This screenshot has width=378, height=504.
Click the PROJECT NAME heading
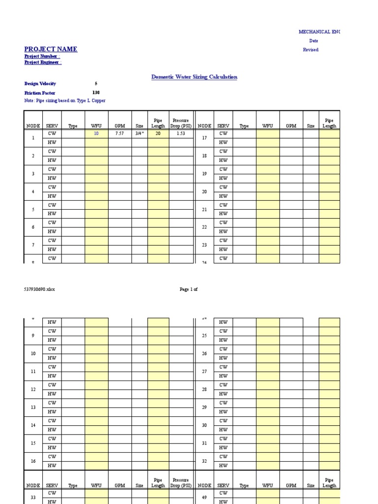[51, 49]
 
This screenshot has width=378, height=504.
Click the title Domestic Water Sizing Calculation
[194, 77]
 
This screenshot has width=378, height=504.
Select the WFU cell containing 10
[96, 133]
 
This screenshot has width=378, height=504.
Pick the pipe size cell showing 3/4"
[140, 133]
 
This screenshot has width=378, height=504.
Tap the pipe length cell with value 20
[158, 133]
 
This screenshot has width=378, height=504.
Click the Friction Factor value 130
[96, 93]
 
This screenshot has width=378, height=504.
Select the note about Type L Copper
[65, 100]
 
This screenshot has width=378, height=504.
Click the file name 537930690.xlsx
[39, 289]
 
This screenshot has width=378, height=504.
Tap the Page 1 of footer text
[189, 289]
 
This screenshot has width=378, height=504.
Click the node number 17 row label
[204, 138]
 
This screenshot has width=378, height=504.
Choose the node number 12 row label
[33, 389]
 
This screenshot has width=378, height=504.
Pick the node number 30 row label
[204, 425]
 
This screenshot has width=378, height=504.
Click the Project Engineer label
[43, 63]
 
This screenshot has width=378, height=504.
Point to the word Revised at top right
[311, 50]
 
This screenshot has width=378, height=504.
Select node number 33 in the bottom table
[33, 497]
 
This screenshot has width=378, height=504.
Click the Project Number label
[42, 57]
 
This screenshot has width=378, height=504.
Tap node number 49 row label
[204, 497]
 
